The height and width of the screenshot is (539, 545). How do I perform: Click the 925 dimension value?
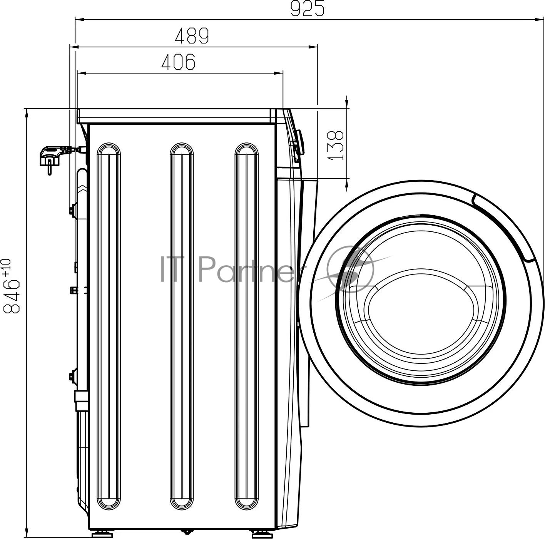tap(308, 8)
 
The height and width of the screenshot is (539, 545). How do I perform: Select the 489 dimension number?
tap(192, 35)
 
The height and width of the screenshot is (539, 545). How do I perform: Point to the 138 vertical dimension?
tap(336, 145)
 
